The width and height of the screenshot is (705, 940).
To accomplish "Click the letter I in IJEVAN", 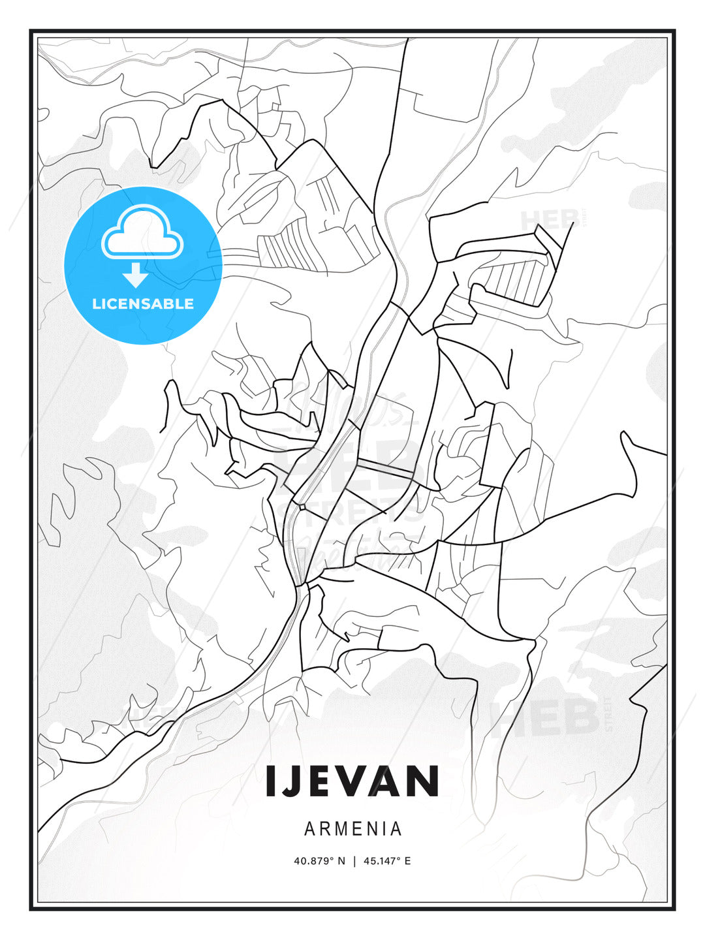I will coord(271,781).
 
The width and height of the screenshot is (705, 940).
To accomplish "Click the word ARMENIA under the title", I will coord(352,829).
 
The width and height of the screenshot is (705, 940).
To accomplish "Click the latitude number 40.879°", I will coord(315,861).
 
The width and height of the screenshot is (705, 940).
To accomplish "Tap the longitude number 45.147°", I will coord(382,861).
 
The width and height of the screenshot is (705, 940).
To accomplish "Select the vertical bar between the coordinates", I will coord(354,861).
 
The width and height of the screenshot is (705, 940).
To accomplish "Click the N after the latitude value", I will coord(341,861).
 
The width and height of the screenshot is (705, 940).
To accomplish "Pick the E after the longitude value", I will coord(408,861).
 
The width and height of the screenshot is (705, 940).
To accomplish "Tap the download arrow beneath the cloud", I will coord(136,275).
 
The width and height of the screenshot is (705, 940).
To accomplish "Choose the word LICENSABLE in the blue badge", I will coord(143,304).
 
